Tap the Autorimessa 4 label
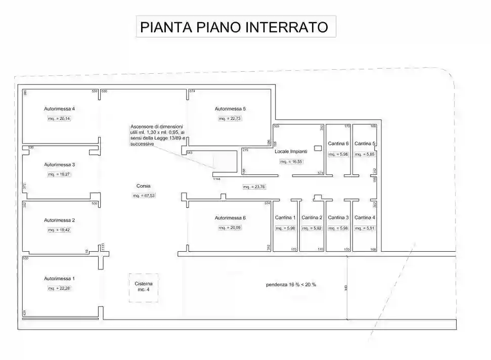60,109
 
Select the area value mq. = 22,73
230,119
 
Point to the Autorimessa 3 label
60,165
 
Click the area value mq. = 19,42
59,230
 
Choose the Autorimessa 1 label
60,279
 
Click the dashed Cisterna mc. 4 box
144,288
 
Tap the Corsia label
144,186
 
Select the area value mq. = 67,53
144,196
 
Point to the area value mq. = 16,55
291,162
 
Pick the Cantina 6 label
338,143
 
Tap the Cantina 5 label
365,143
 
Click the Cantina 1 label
285,217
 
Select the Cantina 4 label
365,217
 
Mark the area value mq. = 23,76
254,187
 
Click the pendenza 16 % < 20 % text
291,285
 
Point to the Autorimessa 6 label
230,218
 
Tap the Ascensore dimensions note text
158,135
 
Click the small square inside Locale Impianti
318,148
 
